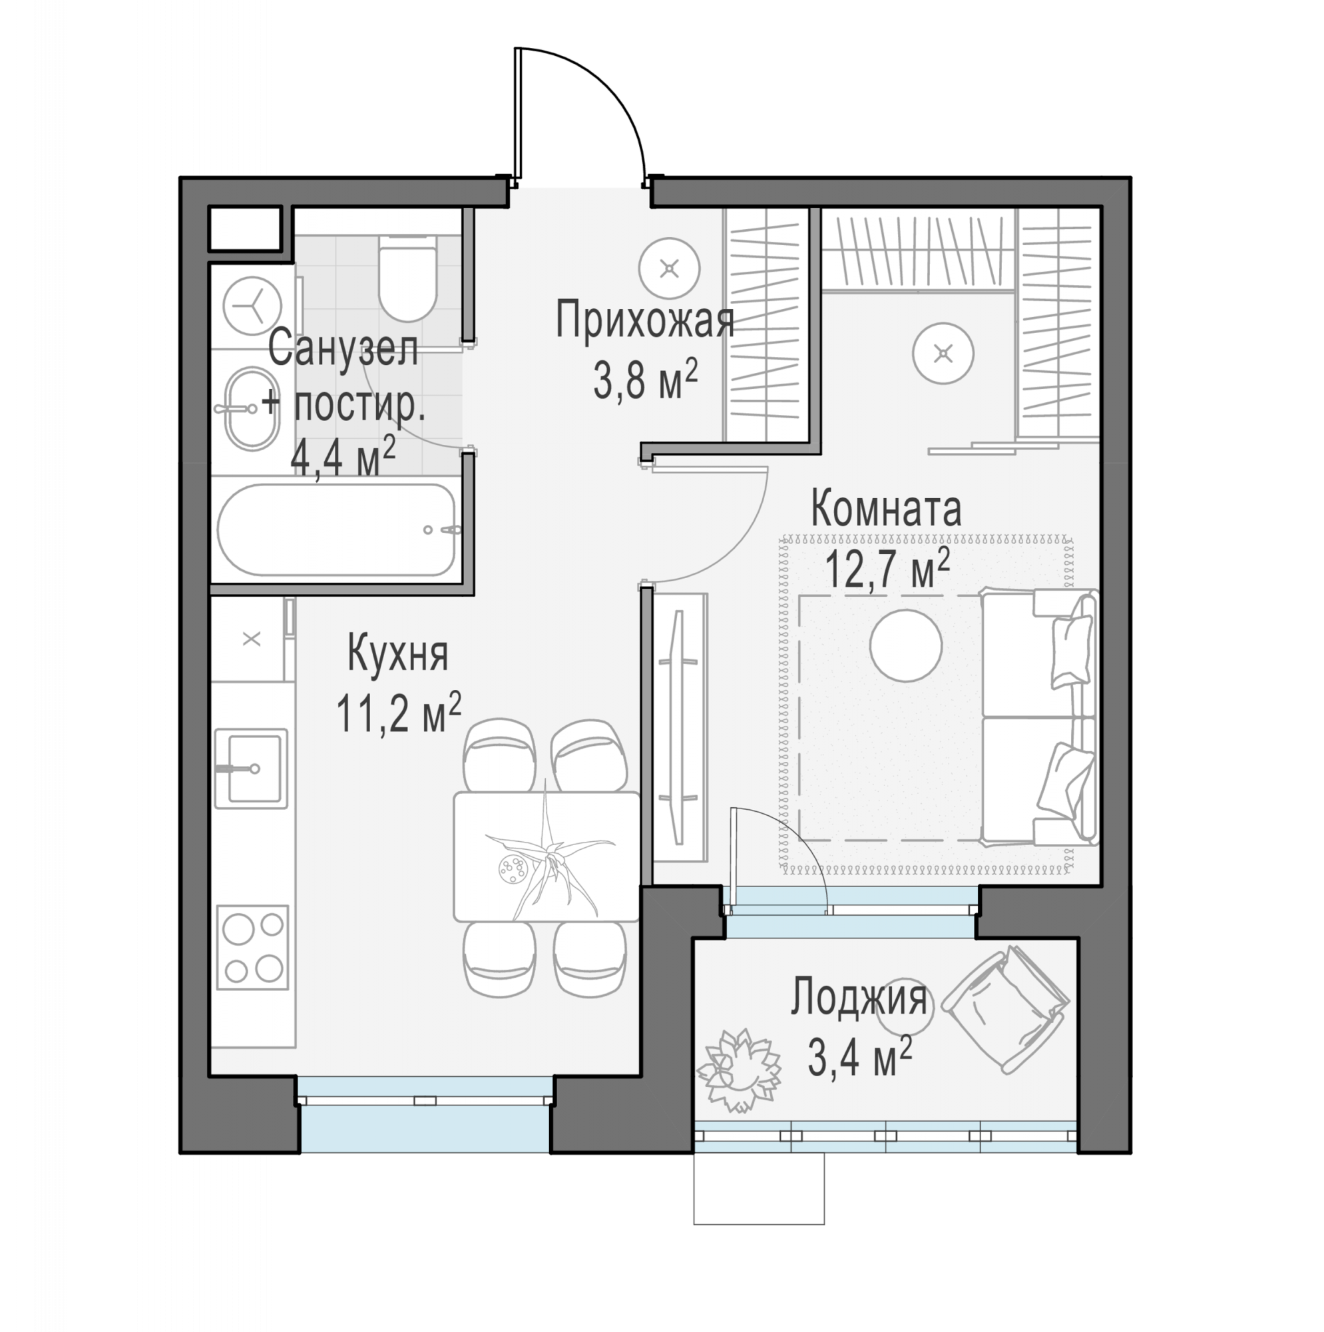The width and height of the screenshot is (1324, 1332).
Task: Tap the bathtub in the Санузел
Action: (x=336, y=529)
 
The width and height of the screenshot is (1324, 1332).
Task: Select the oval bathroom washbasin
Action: (x=253, y=408)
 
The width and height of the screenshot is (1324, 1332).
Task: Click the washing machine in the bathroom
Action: (x=253, y=305)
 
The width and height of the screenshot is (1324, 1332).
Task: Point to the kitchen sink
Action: (x=251, y=768)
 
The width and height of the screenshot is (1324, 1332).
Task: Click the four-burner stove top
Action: (x=252, y=947)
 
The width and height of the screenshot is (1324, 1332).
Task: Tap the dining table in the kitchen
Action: (x=547, y=856)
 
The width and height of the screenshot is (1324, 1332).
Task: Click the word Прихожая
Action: (x=644, y=320)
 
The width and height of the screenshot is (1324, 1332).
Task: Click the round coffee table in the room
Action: (x=906, y=645)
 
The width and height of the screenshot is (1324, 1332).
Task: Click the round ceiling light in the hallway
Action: (x=669, y=268)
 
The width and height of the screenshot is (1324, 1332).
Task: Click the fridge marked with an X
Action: (x=252, y=639)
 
